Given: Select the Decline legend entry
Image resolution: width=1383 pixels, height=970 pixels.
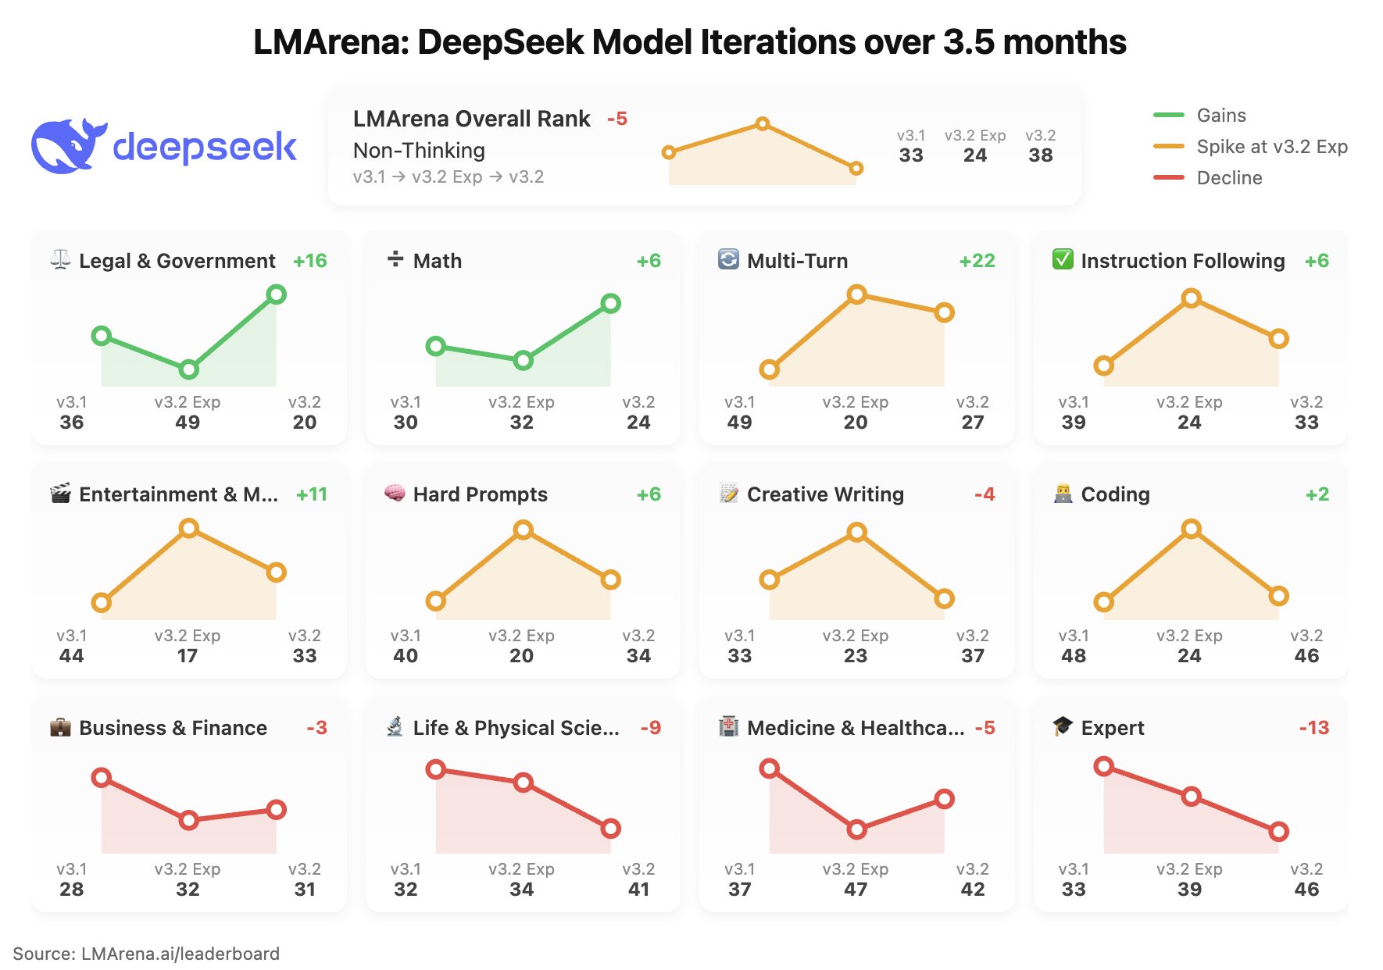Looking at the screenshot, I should point(1229,178).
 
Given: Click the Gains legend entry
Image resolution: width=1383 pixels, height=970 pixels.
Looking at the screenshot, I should point(1221,116).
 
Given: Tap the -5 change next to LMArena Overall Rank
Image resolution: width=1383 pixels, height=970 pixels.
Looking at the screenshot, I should point(617,119).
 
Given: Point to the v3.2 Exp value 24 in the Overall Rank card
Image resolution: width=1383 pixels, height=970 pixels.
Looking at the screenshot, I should point(974,155).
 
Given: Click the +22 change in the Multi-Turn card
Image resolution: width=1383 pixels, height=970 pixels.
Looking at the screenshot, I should point(977,261).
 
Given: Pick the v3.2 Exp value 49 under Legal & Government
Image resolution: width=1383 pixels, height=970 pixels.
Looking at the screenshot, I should point(188,423).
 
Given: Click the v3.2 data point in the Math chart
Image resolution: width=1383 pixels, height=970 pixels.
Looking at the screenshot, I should point(611,304).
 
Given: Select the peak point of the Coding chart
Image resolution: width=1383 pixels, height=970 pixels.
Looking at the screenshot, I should point(1191,530).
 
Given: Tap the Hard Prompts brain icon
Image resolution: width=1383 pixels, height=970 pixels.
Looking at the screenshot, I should point(395,494).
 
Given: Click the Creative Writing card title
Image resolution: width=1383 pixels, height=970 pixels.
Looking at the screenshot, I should point(825,494).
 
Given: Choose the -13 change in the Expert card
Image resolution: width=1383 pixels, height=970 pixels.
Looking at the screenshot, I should point(1313,728).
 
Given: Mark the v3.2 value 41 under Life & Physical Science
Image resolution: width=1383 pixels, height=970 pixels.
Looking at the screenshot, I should point(638,890).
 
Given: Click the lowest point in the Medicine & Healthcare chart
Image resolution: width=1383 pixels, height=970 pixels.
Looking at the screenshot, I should point(857,829).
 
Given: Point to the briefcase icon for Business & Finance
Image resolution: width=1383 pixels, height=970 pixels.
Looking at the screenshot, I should point(60,728).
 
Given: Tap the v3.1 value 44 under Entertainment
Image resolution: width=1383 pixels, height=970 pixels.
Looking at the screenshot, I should point(71,656).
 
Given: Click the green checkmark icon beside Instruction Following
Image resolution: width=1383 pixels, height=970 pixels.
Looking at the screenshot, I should point(1063,259).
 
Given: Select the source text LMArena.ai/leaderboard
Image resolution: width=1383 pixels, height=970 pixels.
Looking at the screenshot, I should point(180,954).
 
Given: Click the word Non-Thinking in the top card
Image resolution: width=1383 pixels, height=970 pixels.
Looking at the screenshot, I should point(419,150).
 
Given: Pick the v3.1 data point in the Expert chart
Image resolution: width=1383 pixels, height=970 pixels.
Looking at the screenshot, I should point(1103,766).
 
